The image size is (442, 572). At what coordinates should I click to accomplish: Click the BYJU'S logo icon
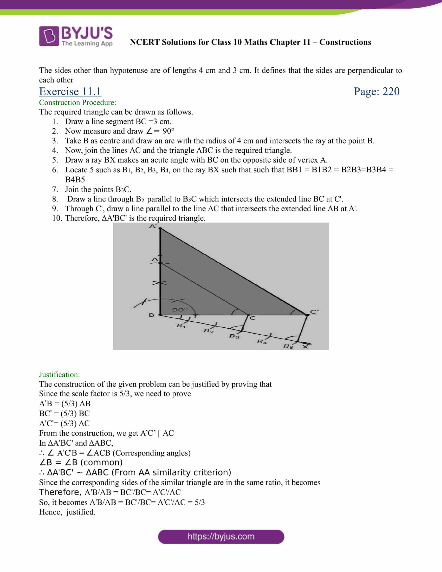tap(49, 36)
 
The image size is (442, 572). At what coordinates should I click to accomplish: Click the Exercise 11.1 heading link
tap(70, 92)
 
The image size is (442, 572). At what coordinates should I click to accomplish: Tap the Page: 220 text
tap(376, 92)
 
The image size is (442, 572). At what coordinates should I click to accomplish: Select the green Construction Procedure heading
tap(77, 102)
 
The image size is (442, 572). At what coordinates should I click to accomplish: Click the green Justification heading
tap(60, 374)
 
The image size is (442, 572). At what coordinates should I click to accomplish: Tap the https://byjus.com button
tap(221, 536)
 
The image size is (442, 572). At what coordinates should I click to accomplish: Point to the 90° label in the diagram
tap(180, 310)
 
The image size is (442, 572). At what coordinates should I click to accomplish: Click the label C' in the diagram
tap(314, 312)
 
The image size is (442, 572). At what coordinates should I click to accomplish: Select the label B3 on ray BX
tap(234, 336)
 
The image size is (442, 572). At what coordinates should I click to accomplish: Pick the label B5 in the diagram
tap(288, 346)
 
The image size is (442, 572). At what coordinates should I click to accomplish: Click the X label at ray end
tap(305, 347)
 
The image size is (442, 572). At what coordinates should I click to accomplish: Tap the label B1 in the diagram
tap(181, 326)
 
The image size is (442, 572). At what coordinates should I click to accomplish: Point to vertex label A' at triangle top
tap(153, 226)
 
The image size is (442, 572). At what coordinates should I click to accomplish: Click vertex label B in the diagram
tap(151, 315)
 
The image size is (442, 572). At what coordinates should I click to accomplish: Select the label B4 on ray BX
tap(262, 342)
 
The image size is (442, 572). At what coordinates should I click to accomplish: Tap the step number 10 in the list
tap(57, 218)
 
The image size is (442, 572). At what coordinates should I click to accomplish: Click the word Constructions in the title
tap(345, 42)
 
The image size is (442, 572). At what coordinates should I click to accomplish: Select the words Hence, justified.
tap(67, 512)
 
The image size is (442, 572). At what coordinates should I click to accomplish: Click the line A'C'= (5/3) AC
tap(64, 423)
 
